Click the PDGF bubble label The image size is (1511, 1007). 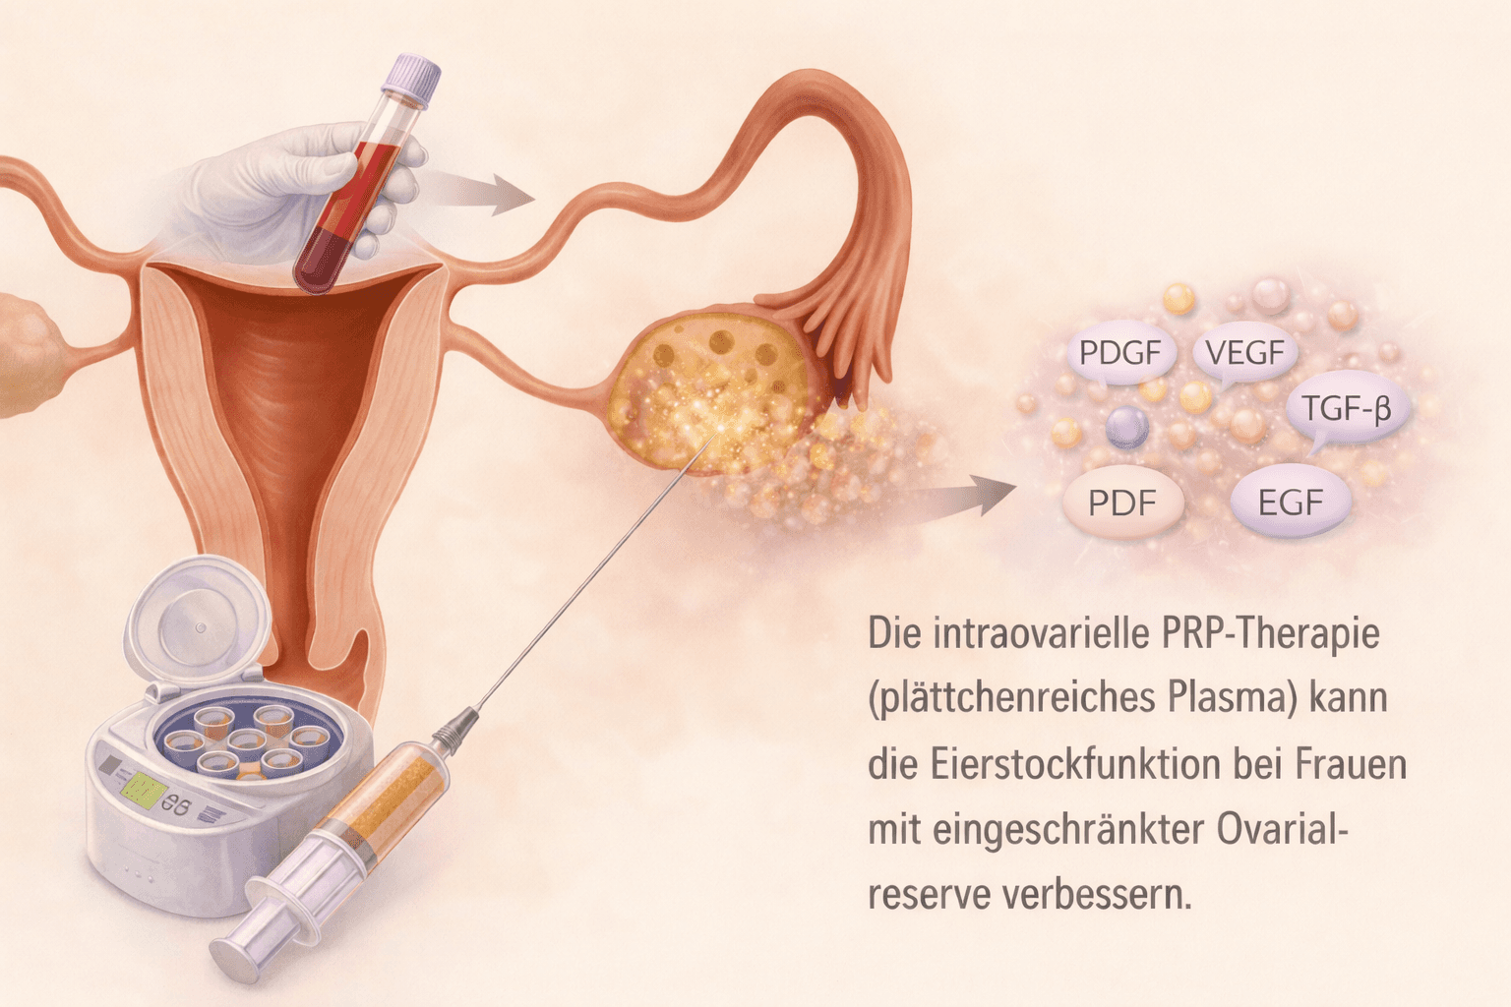1119,352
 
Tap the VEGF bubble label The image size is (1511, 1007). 1244,352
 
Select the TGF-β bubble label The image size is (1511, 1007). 1346,407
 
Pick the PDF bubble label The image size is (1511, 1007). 1121,503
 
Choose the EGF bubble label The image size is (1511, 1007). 1291,503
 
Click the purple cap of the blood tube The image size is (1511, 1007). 411,79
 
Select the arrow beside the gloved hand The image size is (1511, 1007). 482,193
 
